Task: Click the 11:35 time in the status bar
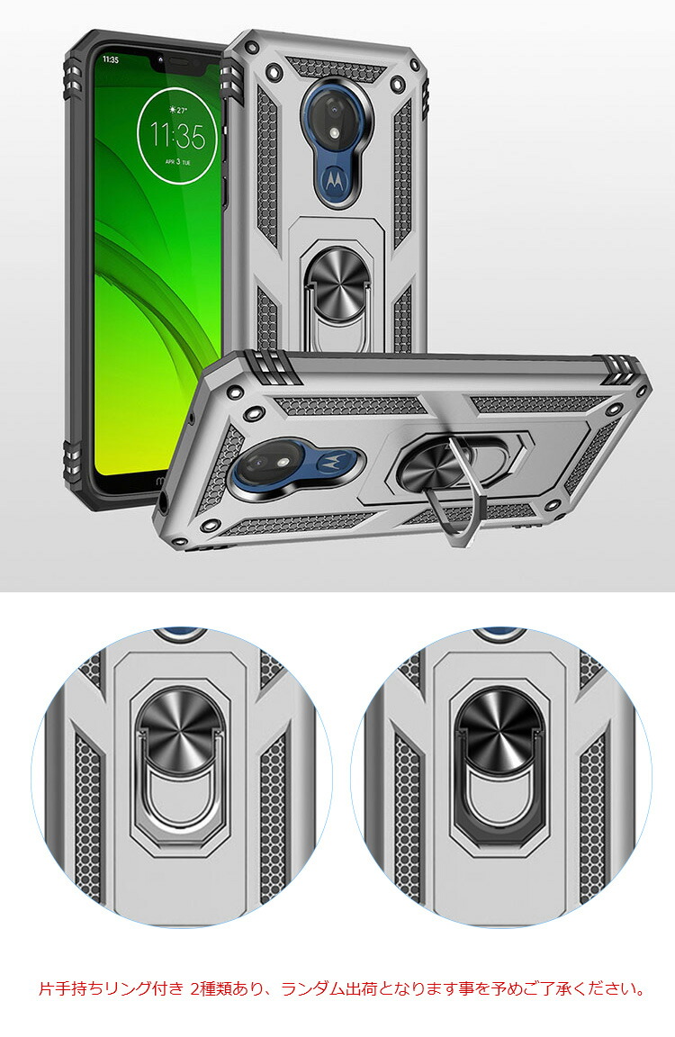111,60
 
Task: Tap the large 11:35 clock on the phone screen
177,136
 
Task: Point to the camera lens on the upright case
335,117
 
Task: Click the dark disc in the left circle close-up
180,727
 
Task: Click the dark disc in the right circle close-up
500,726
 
